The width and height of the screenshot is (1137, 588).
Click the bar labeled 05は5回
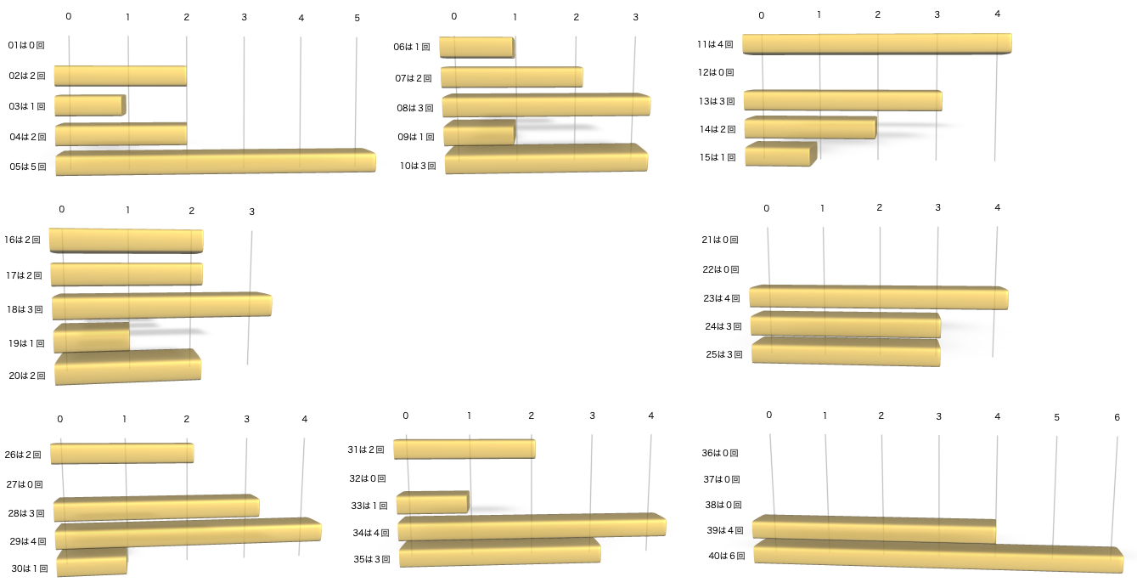[x=216, y=162]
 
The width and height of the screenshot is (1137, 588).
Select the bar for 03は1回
[x=90, y=105]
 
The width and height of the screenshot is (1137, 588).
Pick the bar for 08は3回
[x=546, y=105]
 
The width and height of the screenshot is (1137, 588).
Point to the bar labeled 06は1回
[x=476, y=48]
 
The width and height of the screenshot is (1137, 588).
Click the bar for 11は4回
[x=876, y=44]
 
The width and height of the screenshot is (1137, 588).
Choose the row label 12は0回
[x=716, y=73]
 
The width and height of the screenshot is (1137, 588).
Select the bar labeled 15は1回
[x=780, y=155]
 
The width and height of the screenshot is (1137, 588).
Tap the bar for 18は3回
[x=161, y=306]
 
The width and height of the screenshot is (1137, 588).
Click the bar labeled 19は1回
[x=92, y=338]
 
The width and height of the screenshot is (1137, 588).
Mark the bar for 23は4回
[x=878, y=297]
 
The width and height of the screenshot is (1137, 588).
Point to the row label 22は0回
[x=721, y=269]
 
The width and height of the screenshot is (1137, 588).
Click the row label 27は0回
[x=25, y=484]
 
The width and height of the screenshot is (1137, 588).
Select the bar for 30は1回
[x=92, y=563]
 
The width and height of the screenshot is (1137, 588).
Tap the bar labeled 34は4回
[x=532, y=527]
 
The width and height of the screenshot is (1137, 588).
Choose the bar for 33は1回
[x=432, y=503]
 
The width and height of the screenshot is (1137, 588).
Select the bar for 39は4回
[x=874, y=529]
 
